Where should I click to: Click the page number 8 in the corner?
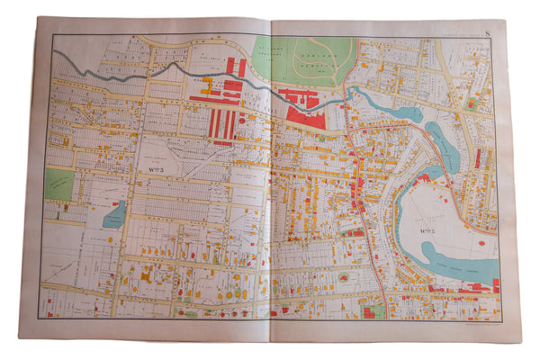(487, 35)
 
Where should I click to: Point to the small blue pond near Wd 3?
(114, 215)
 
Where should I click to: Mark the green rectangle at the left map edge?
(59, 184)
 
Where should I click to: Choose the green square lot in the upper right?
(470, 103)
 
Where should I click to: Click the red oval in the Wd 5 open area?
(481, 242)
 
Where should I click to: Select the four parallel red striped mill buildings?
(222, 124)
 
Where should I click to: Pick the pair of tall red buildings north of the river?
(237, 67)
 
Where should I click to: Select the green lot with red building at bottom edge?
(372, 310)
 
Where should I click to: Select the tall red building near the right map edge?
(478, 158)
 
